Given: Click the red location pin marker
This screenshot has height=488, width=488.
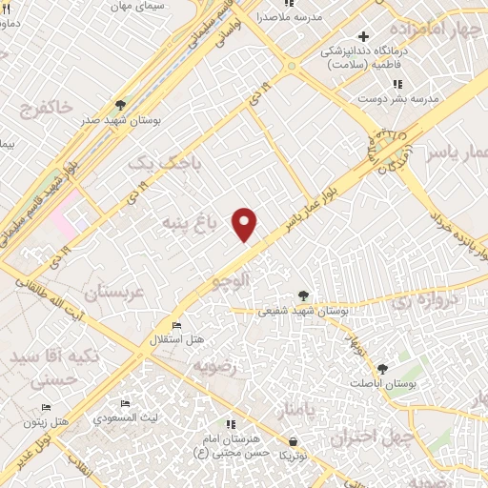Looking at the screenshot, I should [246, 223].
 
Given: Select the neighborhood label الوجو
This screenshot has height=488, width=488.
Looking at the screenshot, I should [234, 280].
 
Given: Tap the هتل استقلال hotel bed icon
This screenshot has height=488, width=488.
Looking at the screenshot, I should [177, 326].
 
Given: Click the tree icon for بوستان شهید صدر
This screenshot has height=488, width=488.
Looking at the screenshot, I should [121, 105].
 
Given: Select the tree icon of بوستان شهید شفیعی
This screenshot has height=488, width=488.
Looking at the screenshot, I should [303, 295].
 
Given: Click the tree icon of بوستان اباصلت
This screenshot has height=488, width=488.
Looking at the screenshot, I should [382, 368].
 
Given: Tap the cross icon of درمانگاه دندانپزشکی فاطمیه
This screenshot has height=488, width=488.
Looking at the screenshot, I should [363, 36].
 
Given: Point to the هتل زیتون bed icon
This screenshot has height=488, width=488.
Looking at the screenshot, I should [47, 408].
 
